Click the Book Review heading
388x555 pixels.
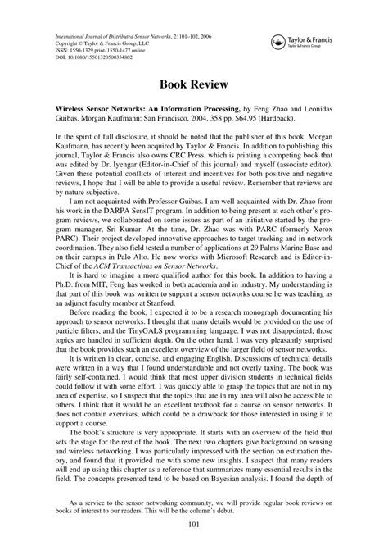click(193, 83)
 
